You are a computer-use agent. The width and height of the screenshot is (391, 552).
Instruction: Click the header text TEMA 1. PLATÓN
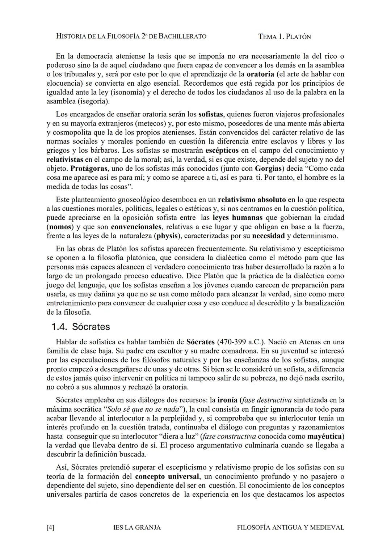tap(285, 37)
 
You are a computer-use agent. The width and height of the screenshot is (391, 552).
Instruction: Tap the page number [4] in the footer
tap(51, 527)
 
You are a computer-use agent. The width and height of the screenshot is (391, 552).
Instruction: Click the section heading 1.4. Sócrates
tap(80, 327)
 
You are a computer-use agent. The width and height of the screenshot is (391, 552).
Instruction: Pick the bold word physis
tap(167, 236)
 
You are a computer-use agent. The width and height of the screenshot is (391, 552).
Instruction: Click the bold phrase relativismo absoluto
tap(252, 200)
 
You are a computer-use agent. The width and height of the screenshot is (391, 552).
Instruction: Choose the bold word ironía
tap(227, 400)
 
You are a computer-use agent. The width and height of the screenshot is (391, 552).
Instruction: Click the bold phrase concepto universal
tap(167, 476)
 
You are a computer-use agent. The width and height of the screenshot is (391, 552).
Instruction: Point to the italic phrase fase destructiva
tap(266, 400)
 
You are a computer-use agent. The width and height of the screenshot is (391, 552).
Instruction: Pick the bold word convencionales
tap(136, 227)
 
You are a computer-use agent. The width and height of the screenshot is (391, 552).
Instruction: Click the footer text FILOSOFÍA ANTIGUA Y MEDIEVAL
tap(290, 527)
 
